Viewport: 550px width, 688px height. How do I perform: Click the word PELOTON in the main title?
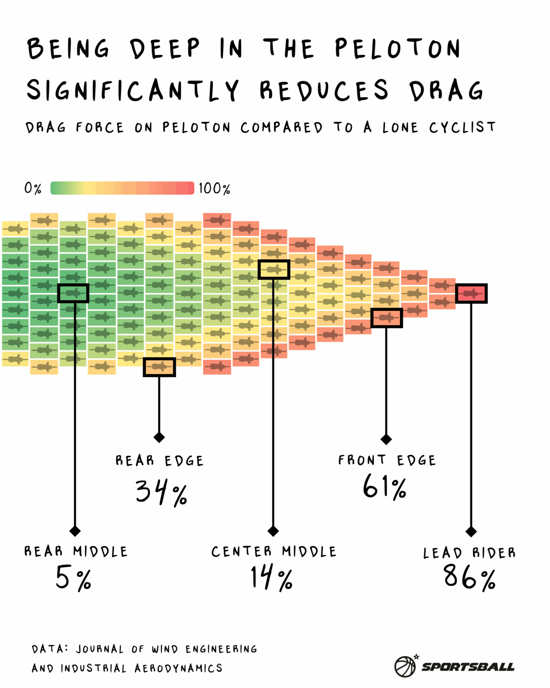click(x=397, y=48)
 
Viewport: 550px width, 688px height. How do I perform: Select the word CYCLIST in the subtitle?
click(x=462, y=127)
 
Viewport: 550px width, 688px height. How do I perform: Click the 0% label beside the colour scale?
click(x=33, y=188)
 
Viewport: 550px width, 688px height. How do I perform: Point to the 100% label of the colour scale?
click(x=214, y=188)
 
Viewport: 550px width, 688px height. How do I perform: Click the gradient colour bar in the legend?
click(x=122, y=188)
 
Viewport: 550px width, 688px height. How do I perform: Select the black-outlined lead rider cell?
click(x=471, y=293)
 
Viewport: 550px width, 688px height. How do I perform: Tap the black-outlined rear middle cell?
click(x=73, y=293)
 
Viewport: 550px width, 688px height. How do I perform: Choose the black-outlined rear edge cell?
click(x=159, y=367)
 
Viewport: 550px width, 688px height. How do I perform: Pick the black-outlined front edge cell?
click(x=386, y=318)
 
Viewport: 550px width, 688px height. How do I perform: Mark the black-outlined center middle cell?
click(x=274, y=270)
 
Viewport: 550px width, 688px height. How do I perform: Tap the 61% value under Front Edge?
click(x=385, y=486)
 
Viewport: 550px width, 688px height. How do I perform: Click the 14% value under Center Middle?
click(x=272, y=577)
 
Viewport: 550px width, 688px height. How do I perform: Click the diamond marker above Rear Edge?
click(x=159, y=437)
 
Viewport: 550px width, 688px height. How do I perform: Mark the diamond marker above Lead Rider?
click(x=471, y=531)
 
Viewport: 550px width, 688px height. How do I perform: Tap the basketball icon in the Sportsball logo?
click(x=405, y=666)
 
